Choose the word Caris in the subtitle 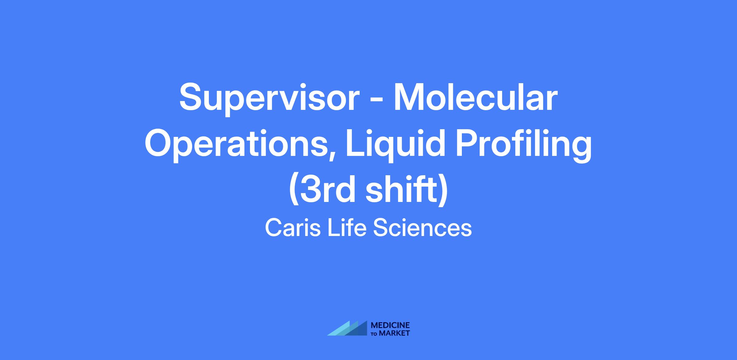(x=293, y=228)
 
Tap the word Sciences (x=423, y=228)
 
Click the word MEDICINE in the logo (x=390, y=325)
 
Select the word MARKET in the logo (x=394, y=333)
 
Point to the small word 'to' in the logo (x=374, y=334)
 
